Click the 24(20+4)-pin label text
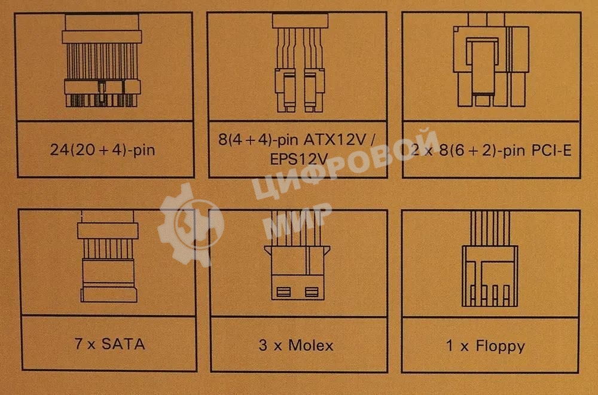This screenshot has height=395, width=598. pos(103,149)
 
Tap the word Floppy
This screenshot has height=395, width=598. pos(501,346)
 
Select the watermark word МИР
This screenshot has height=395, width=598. pos(297,219)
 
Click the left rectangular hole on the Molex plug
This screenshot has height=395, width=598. pos(283,292)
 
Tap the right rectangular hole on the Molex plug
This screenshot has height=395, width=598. pos(311,292)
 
